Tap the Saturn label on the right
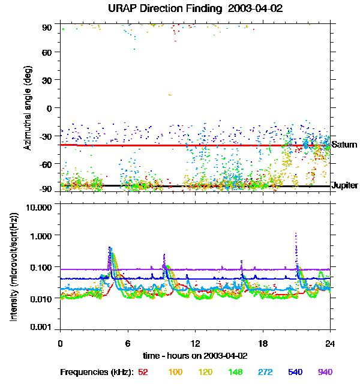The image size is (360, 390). point(344,145)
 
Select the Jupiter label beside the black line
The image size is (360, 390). point(344,186)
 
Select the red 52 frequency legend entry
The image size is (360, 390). point(143,372)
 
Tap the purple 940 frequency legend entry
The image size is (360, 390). point(324,372)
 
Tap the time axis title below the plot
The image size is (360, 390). point(195,355)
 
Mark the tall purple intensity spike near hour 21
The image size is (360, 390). point(296,240)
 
